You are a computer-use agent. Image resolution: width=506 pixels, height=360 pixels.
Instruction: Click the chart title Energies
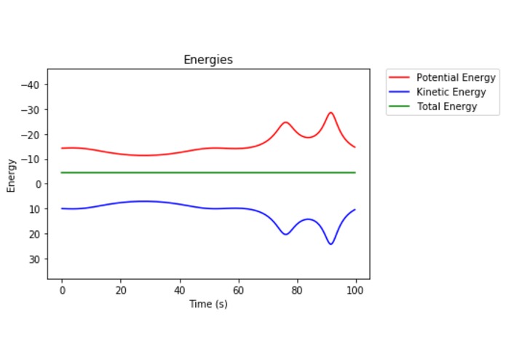click(x=208, y=60)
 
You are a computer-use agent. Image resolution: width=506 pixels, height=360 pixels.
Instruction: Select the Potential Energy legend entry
click(x=456, y=77)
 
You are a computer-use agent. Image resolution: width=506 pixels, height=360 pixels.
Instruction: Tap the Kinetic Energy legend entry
click(x=451, y=92)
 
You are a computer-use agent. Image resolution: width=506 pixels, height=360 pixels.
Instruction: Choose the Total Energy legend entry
click(x=446, y=106)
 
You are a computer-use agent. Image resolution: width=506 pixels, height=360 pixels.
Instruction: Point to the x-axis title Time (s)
click(x=208, y=304)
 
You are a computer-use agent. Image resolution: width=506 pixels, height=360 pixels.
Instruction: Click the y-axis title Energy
click(x=11, y=174)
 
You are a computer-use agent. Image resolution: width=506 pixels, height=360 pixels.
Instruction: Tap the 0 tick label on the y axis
click(x=36, y=184)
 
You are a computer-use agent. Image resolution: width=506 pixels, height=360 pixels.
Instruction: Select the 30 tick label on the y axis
click(x=33, y=259)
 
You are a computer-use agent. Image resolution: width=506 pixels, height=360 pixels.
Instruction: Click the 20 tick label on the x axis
click(x=121, y=290)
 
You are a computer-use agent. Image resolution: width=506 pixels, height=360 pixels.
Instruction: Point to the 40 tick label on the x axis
click(x=179, y=290)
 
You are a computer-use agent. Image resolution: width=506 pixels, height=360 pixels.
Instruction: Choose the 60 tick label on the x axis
click(x=238, y=290)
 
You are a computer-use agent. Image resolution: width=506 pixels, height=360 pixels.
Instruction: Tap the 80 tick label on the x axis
click(x=296, y=290)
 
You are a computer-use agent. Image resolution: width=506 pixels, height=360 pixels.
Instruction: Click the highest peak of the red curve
click(x=331, y=113)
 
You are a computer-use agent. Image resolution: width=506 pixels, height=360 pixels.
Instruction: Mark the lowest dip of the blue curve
click(x=331, y=243)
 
